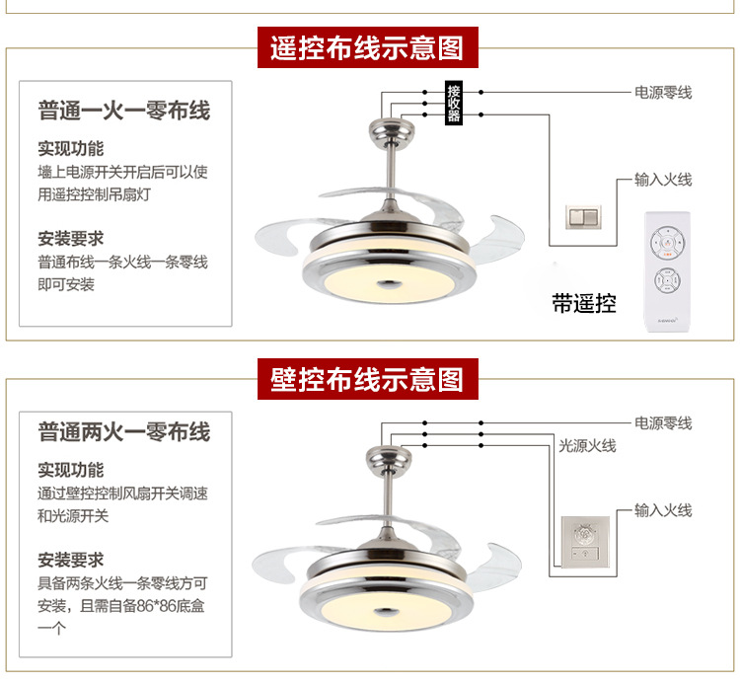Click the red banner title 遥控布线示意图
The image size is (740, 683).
(367, 47)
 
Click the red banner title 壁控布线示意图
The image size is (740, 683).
(367, 379)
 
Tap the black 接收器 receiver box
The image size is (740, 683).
(454, 103)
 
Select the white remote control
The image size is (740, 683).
(667, 271)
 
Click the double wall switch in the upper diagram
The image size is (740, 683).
(584, 217)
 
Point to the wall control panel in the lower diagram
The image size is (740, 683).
(585, 542)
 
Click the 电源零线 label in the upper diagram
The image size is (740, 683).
(663, 93)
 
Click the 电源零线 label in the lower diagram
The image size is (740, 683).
(663, 423)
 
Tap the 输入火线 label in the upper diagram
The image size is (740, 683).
(663, 180)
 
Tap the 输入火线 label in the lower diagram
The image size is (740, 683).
(663, 510)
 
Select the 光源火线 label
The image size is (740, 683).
(588, 445)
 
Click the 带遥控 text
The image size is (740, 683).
(584, 303)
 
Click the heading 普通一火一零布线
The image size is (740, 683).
(124, 111)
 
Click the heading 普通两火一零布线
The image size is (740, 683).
(124, 432)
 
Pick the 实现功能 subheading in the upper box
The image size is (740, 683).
(71, 149)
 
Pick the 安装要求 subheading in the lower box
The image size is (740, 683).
(71, 561)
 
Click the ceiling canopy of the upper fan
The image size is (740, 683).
(392, 129)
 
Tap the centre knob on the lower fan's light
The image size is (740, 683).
(386, 613)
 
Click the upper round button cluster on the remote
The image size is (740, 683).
(667, 243)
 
